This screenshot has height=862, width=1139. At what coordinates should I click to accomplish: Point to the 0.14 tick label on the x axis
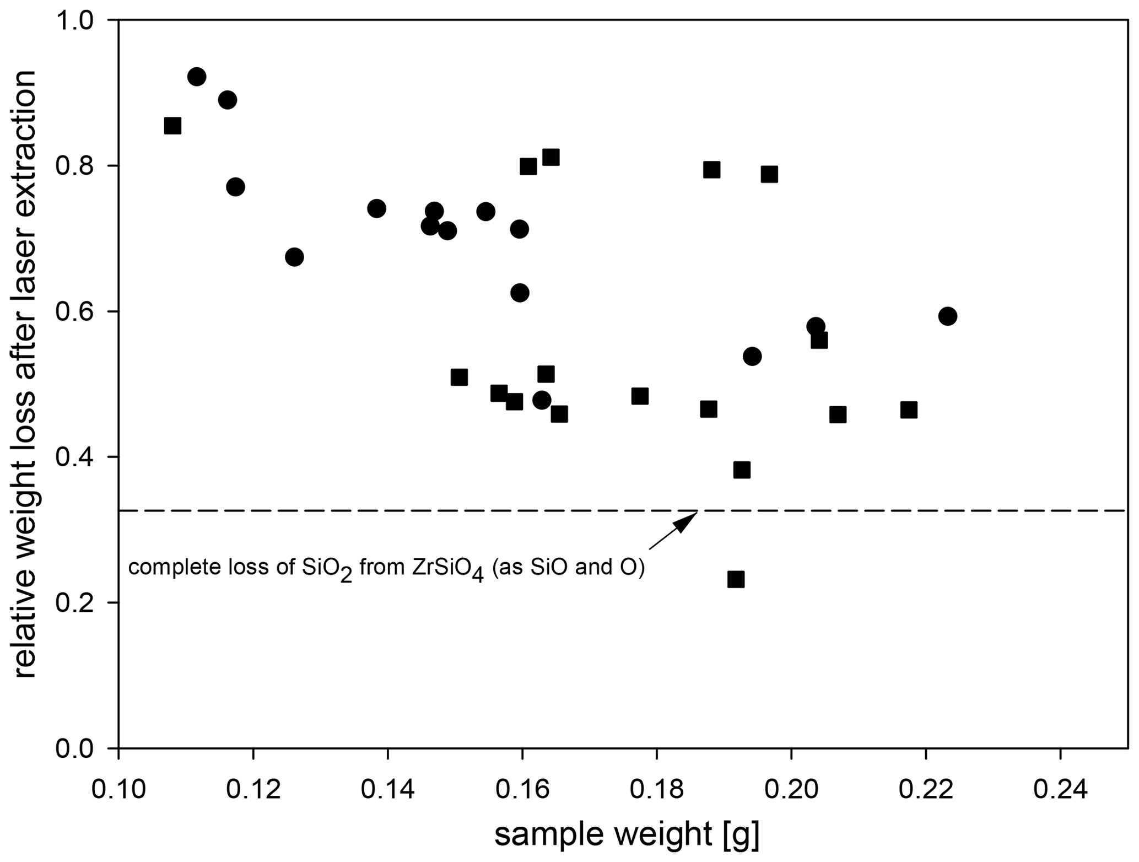(387, 790)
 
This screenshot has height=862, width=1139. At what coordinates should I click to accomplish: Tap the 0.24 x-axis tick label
(1060, 790)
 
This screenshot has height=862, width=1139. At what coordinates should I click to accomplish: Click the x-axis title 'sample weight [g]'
(627, 834)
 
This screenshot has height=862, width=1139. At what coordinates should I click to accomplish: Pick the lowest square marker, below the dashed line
(736, 579)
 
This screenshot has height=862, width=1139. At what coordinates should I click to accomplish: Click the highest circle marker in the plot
(197, 77)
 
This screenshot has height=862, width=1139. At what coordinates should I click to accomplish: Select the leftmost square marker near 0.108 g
(172, 126)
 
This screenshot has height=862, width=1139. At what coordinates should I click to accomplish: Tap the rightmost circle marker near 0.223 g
(947, 316)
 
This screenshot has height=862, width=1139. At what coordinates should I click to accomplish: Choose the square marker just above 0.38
(742, 470)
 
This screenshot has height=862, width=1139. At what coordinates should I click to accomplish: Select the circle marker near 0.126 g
(294, 257)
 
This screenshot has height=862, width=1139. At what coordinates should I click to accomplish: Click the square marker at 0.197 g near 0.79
(769, 175)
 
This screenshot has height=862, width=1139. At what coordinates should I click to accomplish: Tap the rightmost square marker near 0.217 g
(909, 410)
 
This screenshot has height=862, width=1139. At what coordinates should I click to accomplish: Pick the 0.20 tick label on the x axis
(791, 790)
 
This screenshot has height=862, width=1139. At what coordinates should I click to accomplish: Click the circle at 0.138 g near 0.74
(376, 208)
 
